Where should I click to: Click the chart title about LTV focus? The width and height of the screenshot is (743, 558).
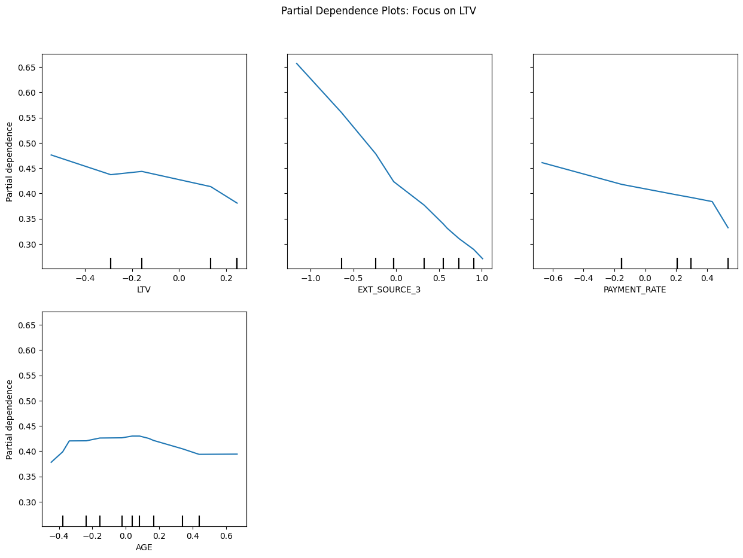(x=378, y=11)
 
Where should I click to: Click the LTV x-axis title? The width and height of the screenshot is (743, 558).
(x=144, y=290)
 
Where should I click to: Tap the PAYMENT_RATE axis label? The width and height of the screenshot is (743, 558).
(x=635, y=290)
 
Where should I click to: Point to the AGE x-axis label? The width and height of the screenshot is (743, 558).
(x=144, y=547)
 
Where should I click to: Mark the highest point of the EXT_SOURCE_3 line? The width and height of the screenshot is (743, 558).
(x=297, y=63)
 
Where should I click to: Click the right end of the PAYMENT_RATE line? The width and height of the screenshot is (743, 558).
(x=728, y=228)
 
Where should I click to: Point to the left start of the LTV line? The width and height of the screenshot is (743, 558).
(x=51, y=155)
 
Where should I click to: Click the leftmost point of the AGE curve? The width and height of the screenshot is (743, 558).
(x=51, y=462)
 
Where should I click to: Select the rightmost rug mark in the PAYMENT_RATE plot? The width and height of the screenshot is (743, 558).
(x=728, y=263)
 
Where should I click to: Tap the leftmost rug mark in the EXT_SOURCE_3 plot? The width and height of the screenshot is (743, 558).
(x=342, y=263)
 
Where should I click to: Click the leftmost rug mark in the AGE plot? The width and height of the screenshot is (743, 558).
(x=63, y=521)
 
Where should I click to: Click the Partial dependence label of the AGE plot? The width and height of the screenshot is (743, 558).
(x=10, y=419)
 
